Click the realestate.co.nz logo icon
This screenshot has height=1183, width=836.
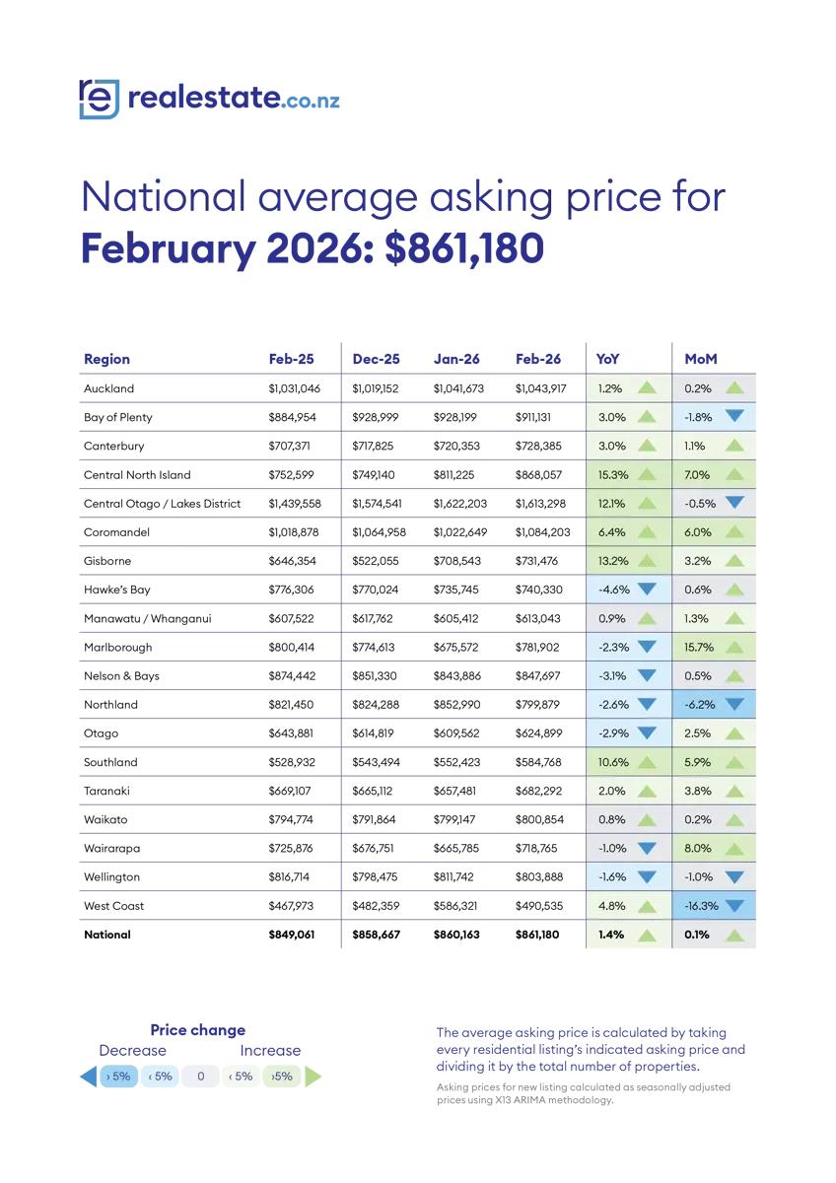pos(99,99)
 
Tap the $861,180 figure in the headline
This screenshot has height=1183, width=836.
pos(463,248)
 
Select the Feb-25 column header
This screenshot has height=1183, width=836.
pos(291,359)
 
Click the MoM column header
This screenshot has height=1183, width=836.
pos(701,359)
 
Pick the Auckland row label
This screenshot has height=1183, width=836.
pos(108,388)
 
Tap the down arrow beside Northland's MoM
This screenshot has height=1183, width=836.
pos(734,704)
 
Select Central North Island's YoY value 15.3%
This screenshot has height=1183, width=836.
pos(611,475)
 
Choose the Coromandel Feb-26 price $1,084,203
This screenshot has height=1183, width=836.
pos(542,532)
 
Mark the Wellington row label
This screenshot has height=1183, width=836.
pos(111,876)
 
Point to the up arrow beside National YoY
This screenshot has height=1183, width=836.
pos(647,934)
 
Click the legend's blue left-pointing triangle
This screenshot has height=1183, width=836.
pos(89,1077)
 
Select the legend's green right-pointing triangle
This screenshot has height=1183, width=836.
pos(313,1077)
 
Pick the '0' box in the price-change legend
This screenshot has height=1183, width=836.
pos(200,1077)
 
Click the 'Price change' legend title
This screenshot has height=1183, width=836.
pos(197,1029)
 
